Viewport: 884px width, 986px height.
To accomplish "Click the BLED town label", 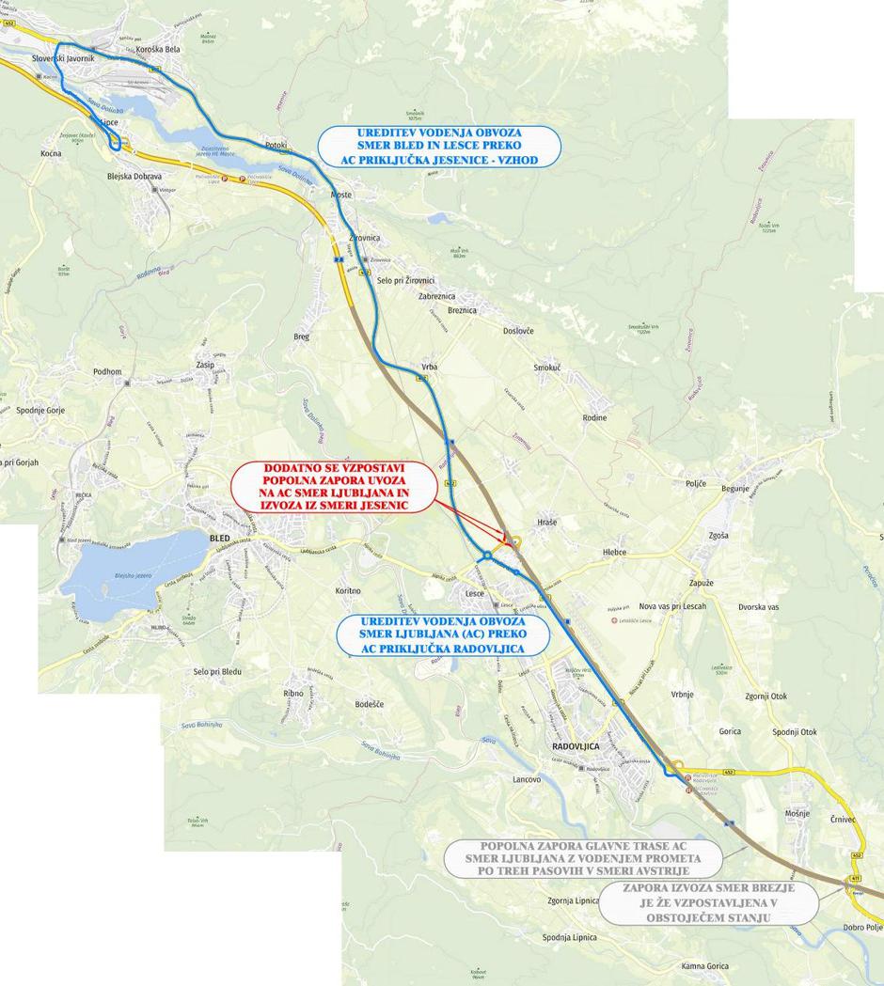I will pos(218,538).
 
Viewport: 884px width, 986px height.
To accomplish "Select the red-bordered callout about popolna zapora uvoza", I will pos(335,486).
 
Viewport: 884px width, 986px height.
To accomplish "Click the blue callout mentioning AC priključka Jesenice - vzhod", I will pos(439,147).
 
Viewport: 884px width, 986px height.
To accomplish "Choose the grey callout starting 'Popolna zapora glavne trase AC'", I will pos(583,859).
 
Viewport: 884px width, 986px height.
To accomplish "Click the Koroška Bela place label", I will pos(158,49).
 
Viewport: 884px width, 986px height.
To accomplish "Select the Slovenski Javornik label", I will pos(63,58).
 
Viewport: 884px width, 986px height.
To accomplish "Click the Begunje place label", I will pos(735,489).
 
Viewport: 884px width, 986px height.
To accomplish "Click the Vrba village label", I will pos(429,366).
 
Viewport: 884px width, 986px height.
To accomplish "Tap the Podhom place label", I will pos(108,372).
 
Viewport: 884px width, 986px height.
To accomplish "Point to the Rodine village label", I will pos(594,417).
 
